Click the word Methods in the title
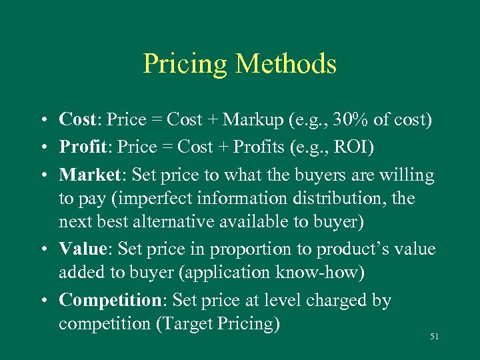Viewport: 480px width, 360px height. (285, 64)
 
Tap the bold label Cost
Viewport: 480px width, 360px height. (77, 120)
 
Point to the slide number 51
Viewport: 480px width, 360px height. (434, 337)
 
